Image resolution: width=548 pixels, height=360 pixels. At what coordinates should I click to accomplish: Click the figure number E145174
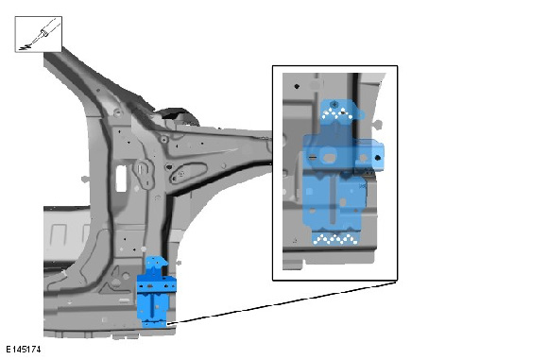pos(23,349)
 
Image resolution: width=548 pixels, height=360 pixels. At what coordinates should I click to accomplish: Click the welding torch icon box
pos(39,34)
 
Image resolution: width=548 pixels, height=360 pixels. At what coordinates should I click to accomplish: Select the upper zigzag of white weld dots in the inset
pos(337,113)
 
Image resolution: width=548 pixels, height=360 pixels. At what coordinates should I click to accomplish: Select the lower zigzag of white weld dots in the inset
pos(335,239)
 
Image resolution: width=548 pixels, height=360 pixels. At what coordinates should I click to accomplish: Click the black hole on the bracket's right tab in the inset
pos(377,158)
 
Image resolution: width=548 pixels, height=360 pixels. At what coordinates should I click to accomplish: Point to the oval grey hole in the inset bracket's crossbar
pos(329,158)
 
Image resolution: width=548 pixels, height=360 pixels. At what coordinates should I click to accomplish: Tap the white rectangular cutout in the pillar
pos(121,179)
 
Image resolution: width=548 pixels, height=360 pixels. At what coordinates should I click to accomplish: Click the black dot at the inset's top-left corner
pos(297,86)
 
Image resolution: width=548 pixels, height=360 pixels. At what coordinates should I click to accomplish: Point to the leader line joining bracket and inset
pos(283,302)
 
